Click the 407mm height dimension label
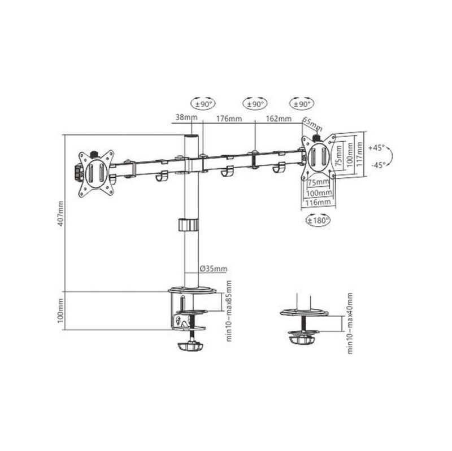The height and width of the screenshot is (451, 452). coord(61,213)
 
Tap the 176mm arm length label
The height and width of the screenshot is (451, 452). coord(229,119)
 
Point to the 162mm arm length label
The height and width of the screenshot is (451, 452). coord(279,119)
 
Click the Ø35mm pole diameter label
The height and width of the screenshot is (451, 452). coord(214,269)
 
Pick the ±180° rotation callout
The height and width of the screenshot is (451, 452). coord(318,220)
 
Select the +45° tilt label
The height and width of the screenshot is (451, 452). coord(376,148)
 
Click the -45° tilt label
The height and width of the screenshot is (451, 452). coord(378,165)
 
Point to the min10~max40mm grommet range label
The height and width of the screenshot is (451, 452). coord(350,323)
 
